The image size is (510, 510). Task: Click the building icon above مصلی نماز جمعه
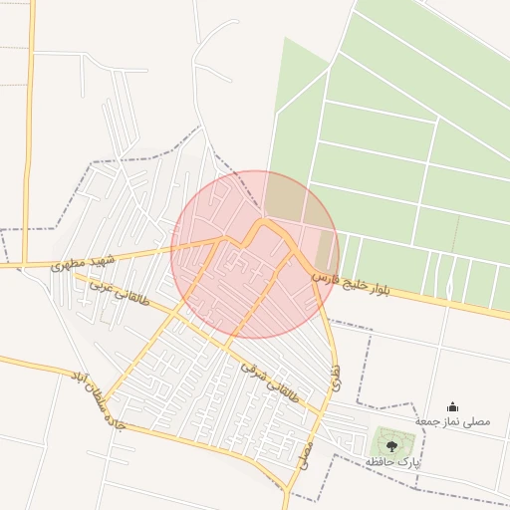click(x=453, y=406)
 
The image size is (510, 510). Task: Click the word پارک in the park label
click(x=407, y=463)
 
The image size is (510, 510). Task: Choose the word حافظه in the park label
click(x=380, y=463)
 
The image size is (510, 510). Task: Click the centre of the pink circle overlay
click(x=255, y=255)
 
